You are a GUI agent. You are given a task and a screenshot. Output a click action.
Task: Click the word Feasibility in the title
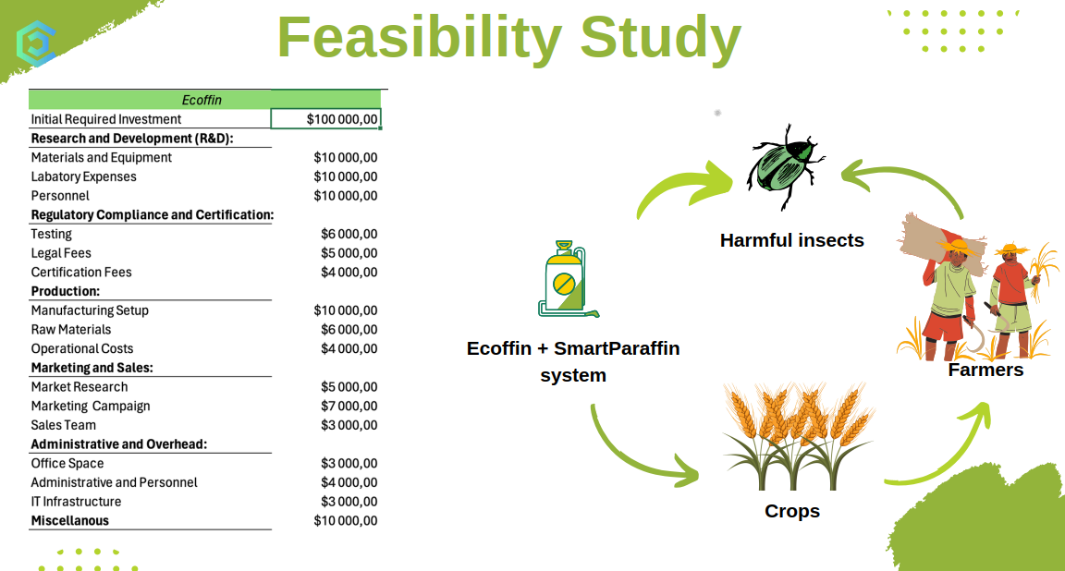[419, 38]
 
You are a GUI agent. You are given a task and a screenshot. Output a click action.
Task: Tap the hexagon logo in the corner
[34, 43]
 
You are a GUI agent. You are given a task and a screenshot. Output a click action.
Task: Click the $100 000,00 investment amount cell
[325, 119]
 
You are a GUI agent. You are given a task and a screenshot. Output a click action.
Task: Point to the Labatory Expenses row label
[83, 176]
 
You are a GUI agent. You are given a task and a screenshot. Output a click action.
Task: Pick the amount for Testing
[349, 234]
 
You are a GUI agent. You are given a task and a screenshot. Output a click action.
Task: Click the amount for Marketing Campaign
[349, 406]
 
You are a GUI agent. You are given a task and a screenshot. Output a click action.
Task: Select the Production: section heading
[66, 291]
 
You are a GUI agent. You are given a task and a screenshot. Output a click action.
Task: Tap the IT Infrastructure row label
[76, 502]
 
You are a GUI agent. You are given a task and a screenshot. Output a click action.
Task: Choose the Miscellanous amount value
[346, 521]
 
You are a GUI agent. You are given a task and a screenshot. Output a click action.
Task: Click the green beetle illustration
[785, 166]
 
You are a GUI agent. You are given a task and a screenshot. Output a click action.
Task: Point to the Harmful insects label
[792, 240]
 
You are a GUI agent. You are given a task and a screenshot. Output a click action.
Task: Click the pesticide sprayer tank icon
[567, 279]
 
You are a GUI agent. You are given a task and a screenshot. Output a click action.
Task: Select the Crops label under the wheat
[792, 511]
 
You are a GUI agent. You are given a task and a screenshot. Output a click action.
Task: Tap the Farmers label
[985, 370]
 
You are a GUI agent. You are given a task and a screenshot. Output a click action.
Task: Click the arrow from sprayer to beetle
[679, 183]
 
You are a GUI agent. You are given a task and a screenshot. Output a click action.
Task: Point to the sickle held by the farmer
[976, 333]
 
